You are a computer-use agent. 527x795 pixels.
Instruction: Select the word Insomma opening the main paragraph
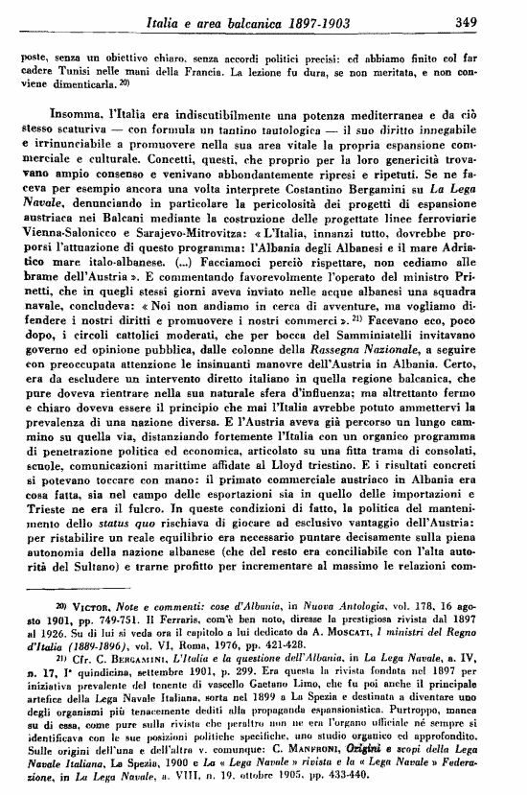[64, 111]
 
